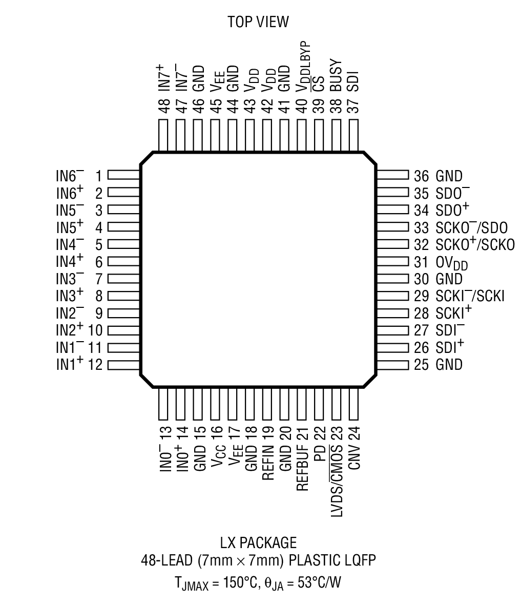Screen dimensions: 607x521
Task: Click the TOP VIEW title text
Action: (258, 22)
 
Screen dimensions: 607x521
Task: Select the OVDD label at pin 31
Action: (451, 263)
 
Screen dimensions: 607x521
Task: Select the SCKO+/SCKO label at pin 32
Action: (475, 245)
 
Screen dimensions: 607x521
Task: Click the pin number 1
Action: (98, 177)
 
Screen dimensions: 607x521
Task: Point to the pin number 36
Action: (421, 177)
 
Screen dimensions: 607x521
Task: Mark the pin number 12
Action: (96, 365)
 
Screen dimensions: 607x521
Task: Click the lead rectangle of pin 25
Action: (392, 365)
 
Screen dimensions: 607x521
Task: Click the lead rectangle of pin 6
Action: (123, 262)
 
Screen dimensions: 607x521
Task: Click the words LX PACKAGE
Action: (258, 542)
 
